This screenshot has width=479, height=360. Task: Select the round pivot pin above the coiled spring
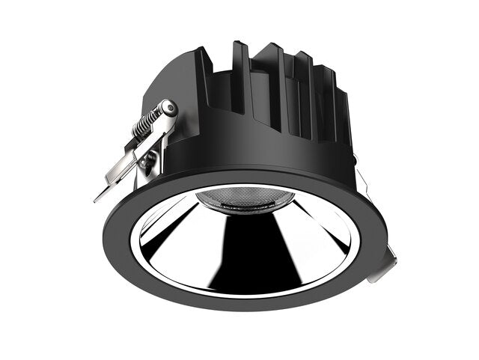point(171,109)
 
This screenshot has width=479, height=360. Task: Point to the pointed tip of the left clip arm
point(98,199)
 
